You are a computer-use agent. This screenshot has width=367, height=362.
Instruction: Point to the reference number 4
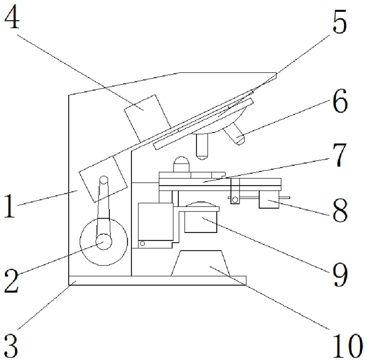(x=12, y=19)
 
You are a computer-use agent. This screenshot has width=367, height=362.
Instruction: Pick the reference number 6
(x=339, y=103)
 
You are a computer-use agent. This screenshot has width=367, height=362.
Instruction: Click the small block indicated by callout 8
(x=269, y=201)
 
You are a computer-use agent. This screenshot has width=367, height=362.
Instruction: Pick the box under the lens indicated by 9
(x=201, y=222)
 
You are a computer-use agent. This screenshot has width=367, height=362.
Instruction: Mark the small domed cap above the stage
(x=182, y=164)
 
